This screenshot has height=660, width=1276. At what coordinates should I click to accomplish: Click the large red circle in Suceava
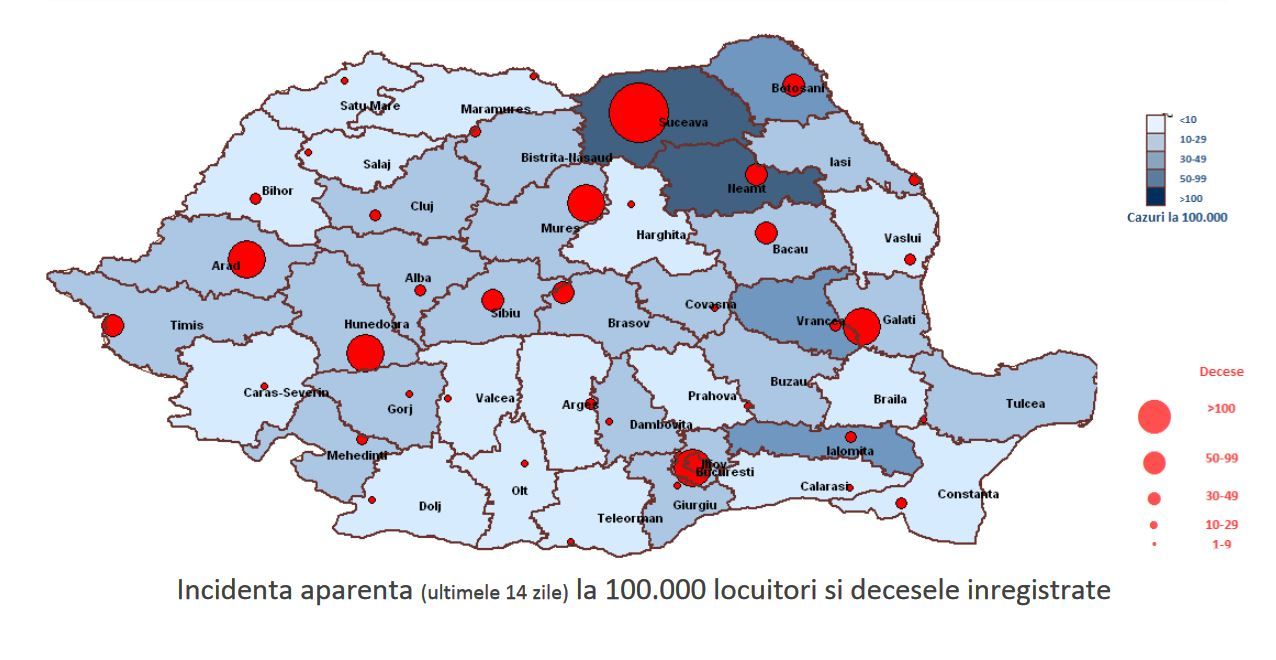638,113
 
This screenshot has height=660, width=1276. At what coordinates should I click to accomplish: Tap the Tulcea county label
1025,404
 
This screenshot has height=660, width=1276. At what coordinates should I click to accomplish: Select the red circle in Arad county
246,260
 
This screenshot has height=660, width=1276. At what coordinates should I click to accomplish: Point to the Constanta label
967,494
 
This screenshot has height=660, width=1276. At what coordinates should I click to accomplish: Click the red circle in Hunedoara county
365,352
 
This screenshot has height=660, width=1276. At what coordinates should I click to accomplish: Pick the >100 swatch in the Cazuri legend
1156,198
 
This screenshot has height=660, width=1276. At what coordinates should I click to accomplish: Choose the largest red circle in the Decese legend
1154,417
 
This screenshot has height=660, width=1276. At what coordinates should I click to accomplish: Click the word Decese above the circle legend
1221,372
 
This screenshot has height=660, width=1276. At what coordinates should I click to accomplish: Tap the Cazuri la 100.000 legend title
1176,217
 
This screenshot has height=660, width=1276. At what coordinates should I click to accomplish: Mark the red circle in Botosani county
794,84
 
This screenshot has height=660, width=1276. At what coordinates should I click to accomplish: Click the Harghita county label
661,235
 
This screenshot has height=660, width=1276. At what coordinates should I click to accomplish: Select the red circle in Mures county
585,203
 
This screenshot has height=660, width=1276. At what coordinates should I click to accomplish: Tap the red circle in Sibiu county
492,300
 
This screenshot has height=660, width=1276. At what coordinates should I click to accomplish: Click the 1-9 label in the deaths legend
1221,544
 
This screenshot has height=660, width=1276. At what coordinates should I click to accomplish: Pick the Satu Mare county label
370,105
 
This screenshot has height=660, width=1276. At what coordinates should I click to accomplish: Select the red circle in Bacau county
766,233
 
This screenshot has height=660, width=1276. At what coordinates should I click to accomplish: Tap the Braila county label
890,399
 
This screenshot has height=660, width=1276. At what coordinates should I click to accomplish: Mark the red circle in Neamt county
756,174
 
